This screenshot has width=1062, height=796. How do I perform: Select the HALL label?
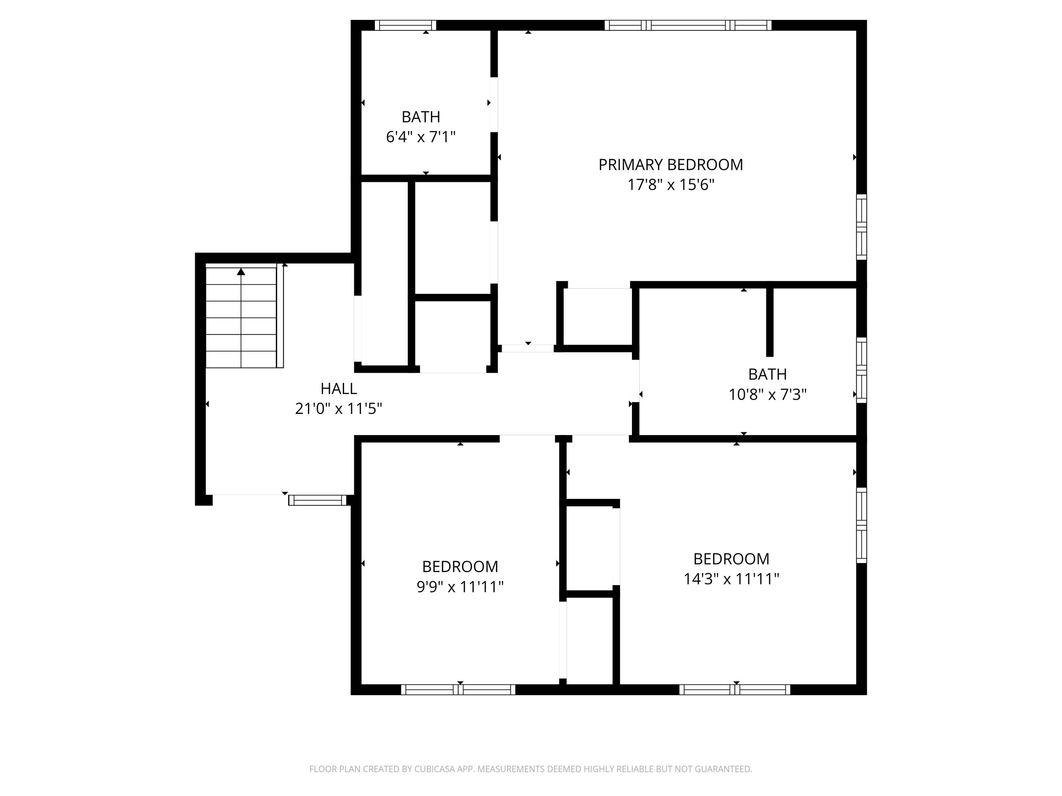pos(338,388)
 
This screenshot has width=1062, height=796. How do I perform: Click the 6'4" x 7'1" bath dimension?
pos(421,137)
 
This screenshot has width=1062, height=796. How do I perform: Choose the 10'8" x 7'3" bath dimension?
pos(767,394)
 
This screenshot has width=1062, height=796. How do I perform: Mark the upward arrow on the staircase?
pos(241,272)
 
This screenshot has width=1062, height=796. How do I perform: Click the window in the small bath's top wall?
pos(405,25)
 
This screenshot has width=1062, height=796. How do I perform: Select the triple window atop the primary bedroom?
pos(687,25)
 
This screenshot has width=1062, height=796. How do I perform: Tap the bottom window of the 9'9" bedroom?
pos(458,690)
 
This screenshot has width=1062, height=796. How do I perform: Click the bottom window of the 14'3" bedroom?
pos(735,690)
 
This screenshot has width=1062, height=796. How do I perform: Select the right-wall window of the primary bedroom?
pos(862,227)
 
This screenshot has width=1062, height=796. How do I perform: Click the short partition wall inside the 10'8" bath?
pos(770,322)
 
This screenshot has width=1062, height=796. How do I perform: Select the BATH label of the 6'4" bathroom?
pos(421,117)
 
